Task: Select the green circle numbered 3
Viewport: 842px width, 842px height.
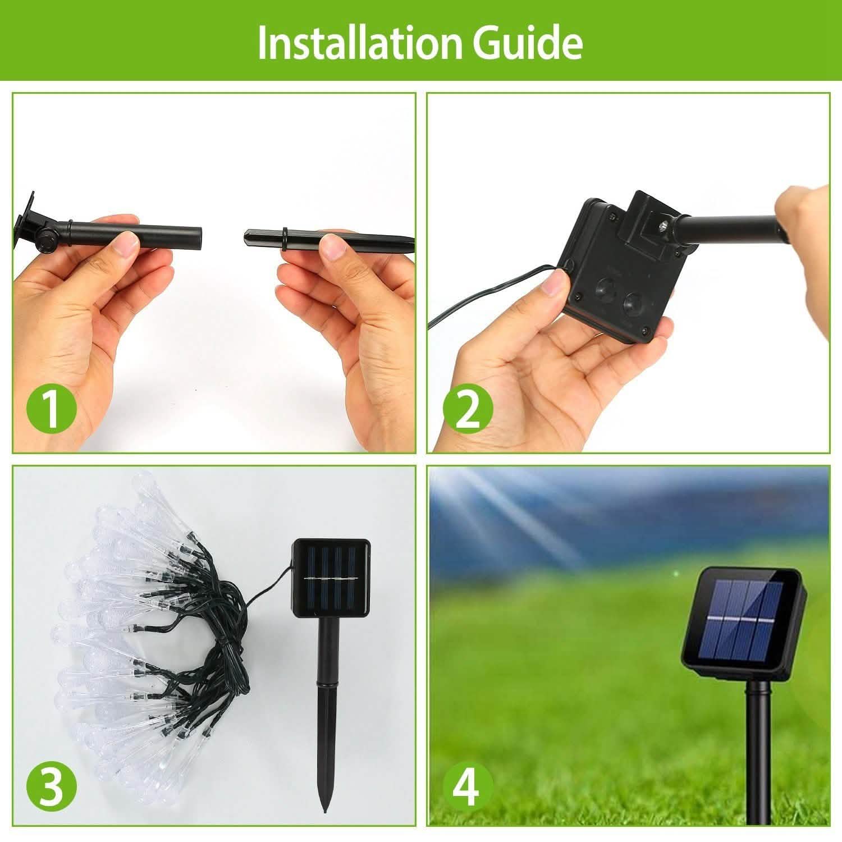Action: tap(51, 785)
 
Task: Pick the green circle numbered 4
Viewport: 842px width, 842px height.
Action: tap(468, 785)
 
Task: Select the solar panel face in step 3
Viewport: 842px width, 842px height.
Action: tap(332, 578)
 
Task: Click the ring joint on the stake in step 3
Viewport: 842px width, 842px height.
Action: tap(328, 683)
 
